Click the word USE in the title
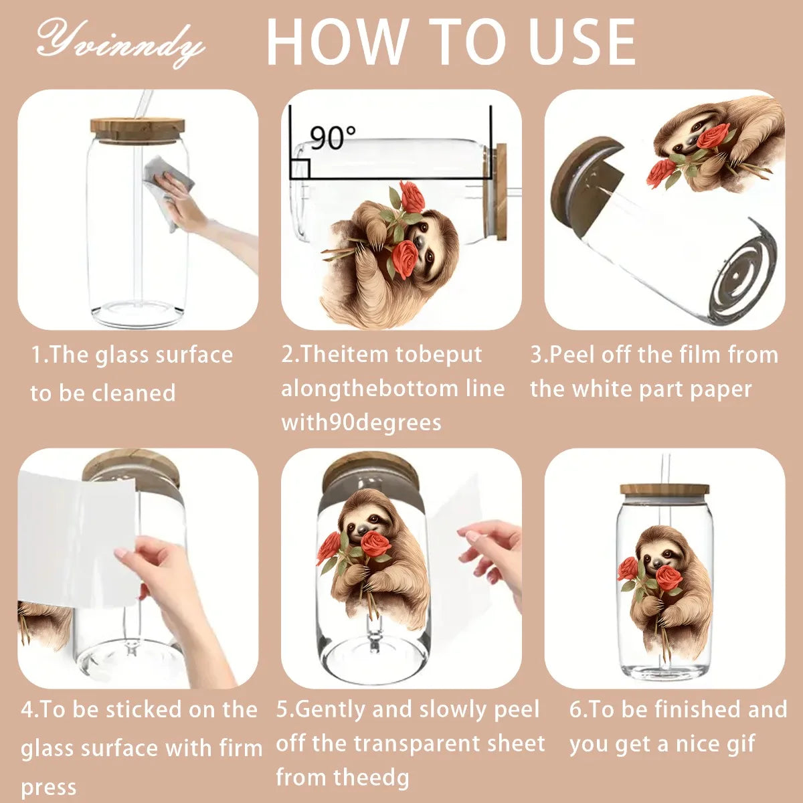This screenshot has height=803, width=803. pyautogui.click(x=582, y=43)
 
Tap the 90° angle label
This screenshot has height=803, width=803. pyautogui.click(x=333, y=137)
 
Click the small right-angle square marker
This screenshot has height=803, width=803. pyautogui.click(x=300, y=169)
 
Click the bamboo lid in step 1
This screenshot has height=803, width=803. pyautogui.click(x=138, y=129)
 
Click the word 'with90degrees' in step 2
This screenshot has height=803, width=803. pyautogui.click(x=361, y=423)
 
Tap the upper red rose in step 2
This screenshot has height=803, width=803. pyautogui.click(x=412, y=196)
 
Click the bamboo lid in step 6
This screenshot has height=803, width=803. pyautogui.click(x=664, y=489)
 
